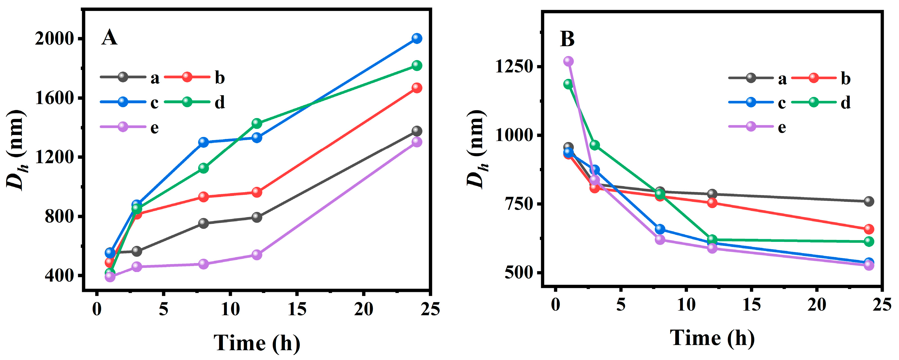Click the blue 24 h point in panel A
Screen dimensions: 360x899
click(417, 38)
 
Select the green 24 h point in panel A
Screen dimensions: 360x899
click(417, 65)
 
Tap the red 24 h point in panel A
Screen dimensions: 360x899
click(417, 88)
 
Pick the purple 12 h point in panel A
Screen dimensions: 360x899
click(257, 255)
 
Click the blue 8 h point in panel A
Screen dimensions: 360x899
click(203, 142)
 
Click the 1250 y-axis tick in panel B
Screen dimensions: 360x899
click(515, 66)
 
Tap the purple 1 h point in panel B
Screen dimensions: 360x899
click(568, 61)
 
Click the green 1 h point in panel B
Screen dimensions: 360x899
click(568, 84)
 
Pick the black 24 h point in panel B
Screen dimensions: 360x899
click(869, 201)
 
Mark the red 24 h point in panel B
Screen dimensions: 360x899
click(869, 229)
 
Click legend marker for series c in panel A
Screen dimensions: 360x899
click(123, 102)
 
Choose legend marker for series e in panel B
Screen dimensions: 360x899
click(751, 126)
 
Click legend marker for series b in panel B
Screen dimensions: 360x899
click(814, 78)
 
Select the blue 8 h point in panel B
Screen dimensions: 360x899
click(660, 229)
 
